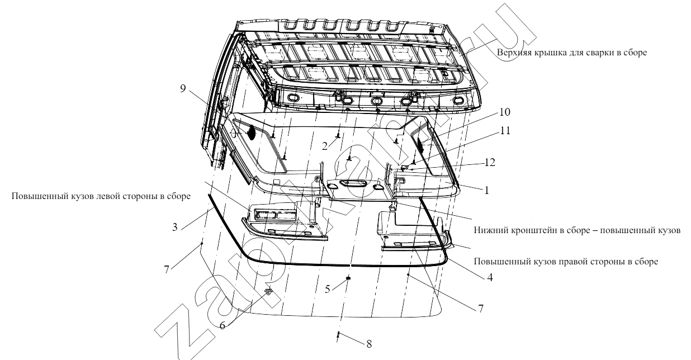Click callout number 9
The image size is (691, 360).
point(183,89)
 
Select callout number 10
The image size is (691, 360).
point(505,112)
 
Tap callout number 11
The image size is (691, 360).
point(505,131)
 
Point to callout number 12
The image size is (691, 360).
point(490,163)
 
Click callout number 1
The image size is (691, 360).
point(487,190)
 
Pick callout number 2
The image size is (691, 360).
point(324,146)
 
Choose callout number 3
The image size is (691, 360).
point(175,228)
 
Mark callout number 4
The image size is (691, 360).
point(490,277)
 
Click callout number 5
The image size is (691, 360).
point(327,289)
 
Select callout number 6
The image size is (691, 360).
point(223,325)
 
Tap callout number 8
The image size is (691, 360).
point(369,344)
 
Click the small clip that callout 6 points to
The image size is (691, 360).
point(269,291)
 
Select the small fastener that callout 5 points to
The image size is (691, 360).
point(349,278)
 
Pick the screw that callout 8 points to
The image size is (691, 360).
point(338,334)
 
